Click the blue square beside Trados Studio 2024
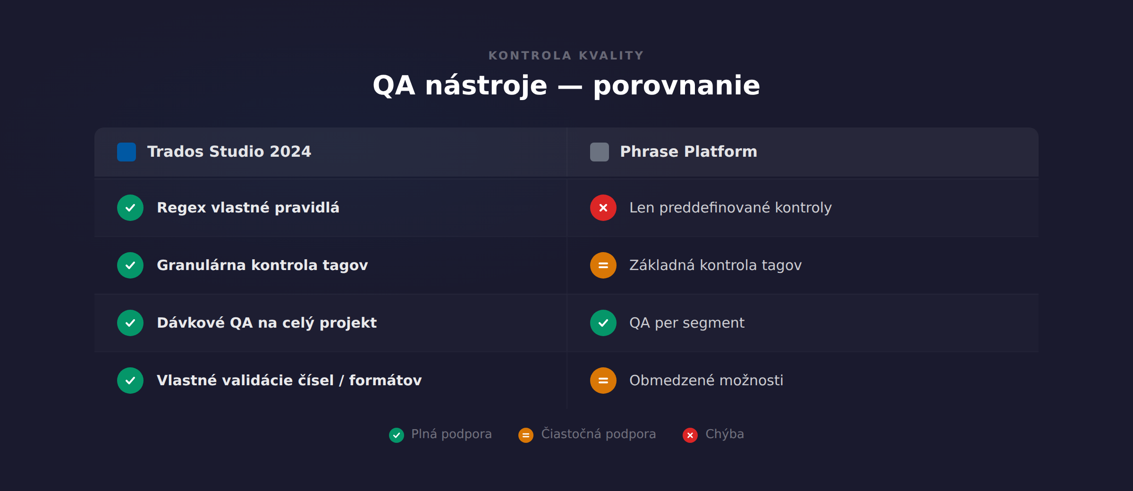127,152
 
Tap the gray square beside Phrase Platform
599,152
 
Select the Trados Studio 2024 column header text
229,152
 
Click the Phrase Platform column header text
688,152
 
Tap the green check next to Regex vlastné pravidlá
130,208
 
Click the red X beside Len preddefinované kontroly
603,208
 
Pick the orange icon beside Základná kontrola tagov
603,265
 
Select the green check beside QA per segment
603,323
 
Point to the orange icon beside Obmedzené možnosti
603,381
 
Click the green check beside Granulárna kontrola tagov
130,265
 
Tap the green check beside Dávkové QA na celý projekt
130,323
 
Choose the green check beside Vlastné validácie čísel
130,381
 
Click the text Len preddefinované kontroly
730,208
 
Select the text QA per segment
687,323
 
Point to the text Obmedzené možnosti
706,381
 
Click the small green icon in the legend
397,435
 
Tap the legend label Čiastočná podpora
598,434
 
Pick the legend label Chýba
724,434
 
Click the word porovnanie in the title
676,86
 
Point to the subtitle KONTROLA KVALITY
566,56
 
